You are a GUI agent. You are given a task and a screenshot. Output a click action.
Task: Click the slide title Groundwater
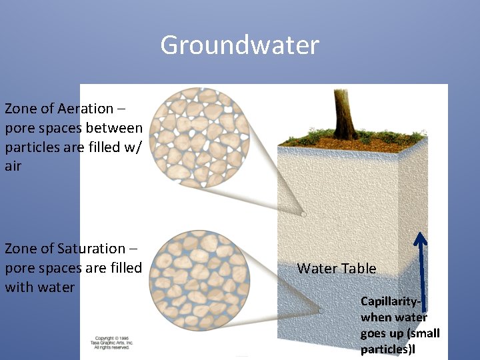point(240,45)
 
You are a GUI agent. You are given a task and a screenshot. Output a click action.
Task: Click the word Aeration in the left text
point(85,109)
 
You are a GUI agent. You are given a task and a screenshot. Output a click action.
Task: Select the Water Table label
point(336,269)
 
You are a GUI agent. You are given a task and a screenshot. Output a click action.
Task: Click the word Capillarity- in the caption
point(393,301)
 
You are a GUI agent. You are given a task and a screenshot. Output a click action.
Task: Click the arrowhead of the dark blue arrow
point(420,237)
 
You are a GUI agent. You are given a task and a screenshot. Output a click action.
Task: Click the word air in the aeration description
point(13,167)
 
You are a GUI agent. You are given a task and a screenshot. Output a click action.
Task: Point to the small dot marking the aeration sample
point(303,214)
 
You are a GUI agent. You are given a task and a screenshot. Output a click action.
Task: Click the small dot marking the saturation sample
point(320,311)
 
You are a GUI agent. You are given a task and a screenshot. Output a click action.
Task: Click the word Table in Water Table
point(359,269)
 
